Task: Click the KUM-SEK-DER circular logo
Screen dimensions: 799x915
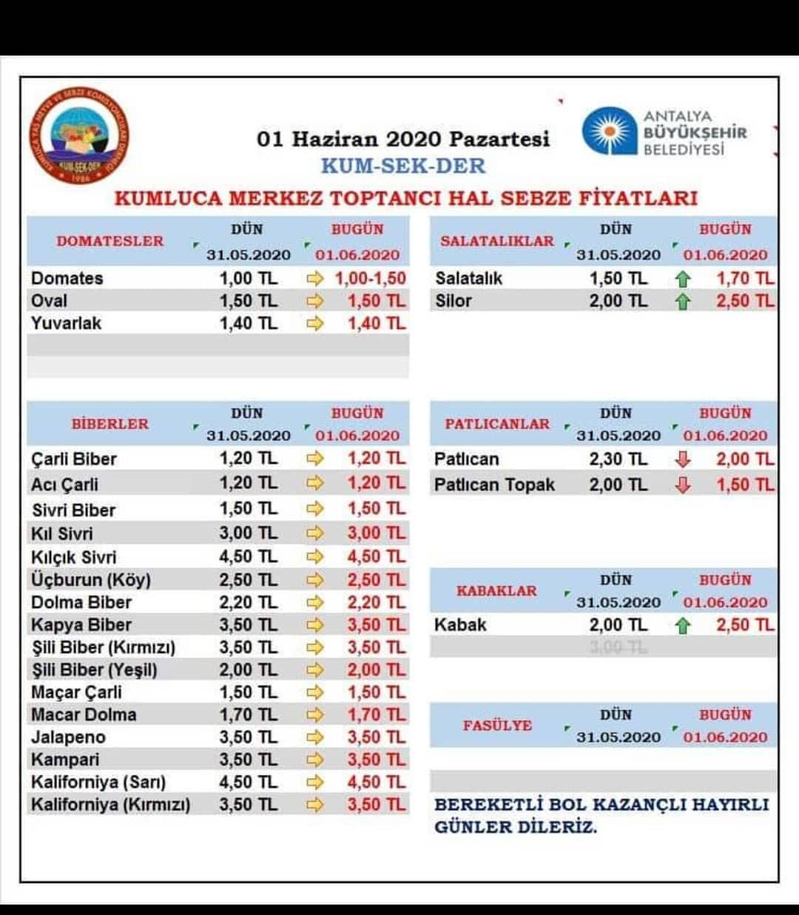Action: (79, 135)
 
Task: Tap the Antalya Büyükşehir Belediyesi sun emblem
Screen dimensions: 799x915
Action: (609, 131)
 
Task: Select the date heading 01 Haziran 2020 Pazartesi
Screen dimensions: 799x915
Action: (403, 139)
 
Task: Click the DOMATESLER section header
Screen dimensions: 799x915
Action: (110, 241)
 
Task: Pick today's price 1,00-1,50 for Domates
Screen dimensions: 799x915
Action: (370, 278)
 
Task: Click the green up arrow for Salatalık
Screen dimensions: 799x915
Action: (682, 279)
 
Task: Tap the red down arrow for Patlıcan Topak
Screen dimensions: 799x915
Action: (682, 484)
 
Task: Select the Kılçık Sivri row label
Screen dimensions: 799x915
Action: (74, 557)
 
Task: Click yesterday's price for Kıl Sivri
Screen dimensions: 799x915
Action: (248, 533)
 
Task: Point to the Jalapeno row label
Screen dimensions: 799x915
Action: (68, 737)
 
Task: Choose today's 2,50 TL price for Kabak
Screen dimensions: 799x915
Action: (745, 625)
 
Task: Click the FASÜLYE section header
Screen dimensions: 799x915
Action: (497, 726)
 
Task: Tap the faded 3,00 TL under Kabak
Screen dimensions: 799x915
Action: (618, 647)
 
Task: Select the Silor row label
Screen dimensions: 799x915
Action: (453, 301)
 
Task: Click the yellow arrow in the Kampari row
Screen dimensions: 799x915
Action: (314, 760)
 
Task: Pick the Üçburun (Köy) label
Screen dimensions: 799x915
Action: (91, 580)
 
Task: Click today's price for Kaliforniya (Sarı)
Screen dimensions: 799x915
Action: (376, 782)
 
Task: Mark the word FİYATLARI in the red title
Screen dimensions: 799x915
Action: (638, 198)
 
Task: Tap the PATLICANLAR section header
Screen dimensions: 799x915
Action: (497, 424)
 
